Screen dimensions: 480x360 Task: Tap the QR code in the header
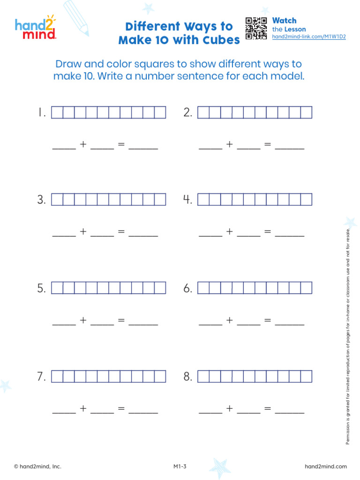point(256,29)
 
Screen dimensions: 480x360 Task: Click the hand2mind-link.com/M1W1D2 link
point(309,37)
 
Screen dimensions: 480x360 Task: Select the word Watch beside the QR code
point(284,21)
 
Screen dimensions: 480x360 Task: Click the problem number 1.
point(42,112)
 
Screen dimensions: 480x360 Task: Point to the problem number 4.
point(187,200)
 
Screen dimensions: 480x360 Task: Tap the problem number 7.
point(42,377)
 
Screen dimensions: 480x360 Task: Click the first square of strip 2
point(203,112)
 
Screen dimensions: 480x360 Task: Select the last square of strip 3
point(160,200)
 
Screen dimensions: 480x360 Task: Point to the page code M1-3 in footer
point(180,466)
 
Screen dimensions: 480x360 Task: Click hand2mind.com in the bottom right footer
point(326,466)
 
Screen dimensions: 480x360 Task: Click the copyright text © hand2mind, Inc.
point(37,466)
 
